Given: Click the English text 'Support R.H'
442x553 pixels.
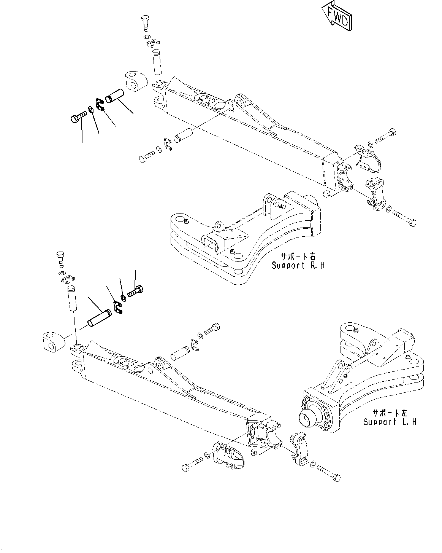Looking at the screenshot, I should tap(298, 265).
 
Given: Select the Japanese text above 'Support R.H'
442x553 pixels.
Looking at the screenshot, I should tap(298, 256).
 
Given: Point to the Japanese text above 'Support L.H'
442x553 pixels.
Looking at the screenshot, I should tap(390, 413).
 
